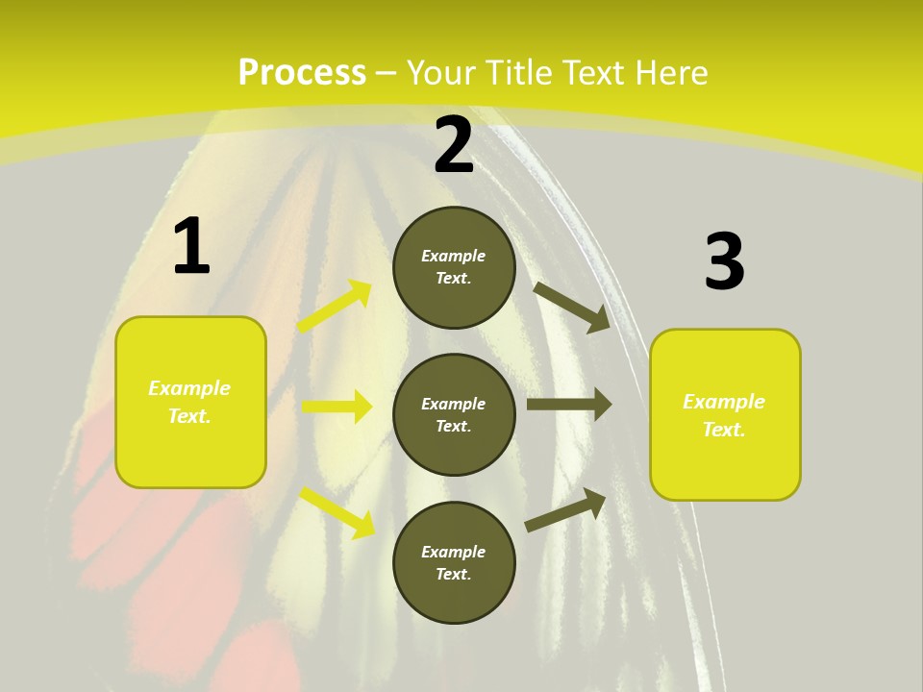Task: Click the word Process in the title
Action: click(302, 72)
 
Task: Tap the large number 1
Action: click(191, 247)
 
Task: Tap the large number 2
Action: click(454, 145)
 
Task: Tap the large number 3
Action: click(724, 262)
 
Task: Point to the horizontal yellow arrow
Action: click(337, 407)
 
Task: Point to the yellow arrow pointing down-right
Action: click(337, 512)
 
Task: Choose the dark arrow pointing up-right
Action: click(565, 510)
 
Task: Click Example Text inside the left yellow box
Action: click(189, 402)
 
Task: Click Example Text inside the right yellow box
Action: click(724, 415)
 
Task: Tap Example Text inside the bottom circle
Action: click(454, 563)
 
